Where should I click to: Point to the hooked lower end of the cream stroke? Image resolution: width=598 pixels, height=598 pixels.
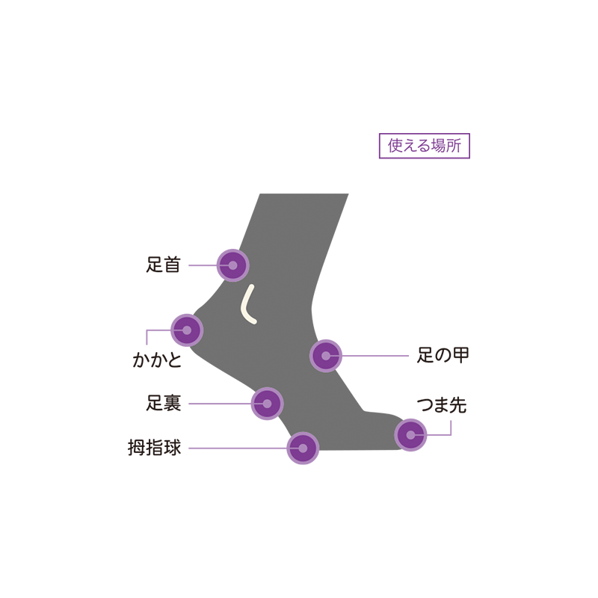coord(255,322)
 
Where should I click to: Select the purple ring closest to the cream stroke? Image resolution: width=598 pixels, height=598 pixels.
coord(234,265)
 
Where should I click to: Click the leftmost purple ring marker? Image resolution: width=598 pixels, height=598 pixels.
coord(187,329)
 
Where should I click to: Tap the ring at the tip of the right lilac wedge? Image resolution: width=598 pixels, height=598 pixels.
coord(326,357)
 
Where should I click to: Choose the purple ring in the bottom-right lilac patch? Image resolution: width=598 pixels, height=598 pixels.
coord(410,434)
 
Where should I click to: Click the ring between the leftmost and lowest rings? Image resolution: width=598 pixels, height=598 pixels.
coord(267,404)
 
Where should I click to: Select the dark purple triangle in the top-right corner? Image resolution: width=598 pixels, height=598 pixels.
coord(419,179)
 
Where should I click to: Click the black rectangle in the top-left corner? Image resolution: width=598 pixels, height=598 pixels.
coord(157,209)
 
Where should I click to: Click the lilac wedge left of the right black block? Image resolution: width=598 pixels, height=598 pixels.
coord(374,329)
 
